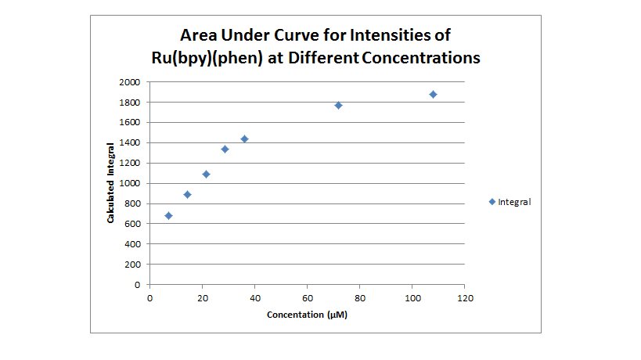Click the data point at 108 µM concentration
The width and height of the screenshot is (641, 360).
(x=433, y=94)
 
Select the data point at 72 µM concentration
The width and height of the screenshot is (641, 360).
(x=338, y=105)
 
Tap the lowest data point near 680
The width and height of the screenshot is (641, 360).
(x=168, y=215)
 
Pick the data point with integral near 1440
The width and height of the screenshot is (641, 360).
(x=244, y=139)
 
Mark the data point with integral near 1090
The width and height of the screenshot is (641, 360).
(x=206, y=174)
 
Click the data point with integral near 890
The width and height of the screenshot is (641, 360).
(x=187, y=194)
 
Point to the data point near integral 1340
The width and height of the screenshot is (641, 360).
(x=225, y=149)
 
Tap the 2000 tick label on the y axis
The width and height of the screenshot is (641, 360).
(x=130, y=82)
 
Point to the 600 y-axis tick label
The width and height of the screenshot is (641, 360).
(x=132, y=224)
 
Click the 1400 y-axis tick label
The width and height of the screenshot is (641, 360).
(x=130, y=142)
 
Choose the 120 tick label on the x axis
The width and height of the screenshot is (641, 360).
(x=465, y=297)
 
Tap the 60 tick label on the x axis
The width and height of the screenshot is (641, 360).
(x=307, y=297)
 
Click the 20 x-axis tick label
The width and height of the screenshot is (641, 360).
(x=202, y=297)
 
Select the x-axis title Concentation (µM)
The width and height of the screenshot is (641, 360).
(x=307, y=315)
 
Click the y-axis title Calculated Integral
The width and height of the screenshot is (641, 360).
(x=111, y=182)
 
